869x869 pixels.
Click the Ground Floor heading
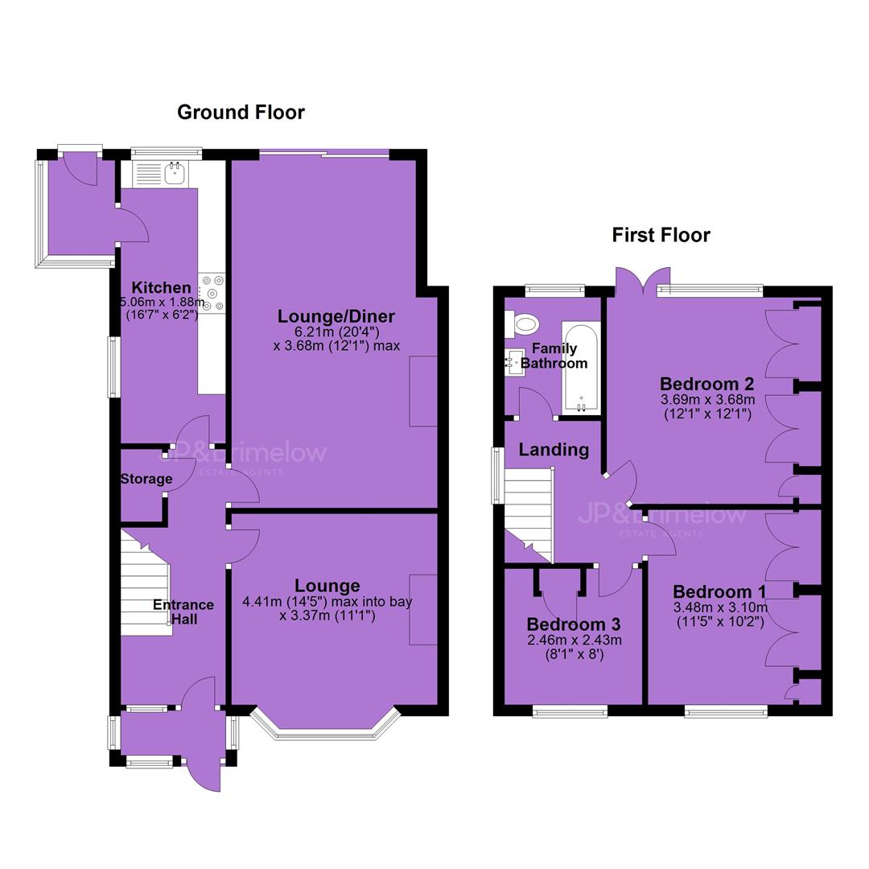click(x=241, y=113)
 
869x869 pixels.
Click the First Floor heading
click(x=661, y=235)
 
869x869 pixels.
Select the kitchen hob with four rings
click(x=212, y=294)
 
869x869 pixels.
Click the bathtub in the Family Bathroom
click(x=580, y=368)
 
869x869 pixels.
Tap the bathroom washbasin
click(x=513, y=363)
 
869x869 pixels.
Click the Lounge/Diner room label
click(x=336, y=316)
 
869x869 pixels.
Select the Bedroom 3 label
click(x=574, y=624)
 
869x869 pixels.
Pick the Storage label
click(x=146, y=479)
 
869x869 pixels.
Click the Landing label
click(x=554, y=450)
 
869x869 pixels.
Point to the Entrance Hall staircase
click(x=145, y=585)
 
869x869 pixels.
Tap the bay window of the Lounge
click(x=325, y=725)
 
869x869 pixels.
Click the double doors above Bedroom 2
click(x=643, y=280)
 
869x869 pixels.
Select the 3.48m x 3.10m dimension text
click(x=720, y=607)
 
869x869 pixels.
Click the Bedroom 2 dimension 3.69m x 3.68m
click(x=708, y=400)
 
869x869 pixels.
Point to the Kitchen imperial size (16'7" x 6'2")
click(x=162, y=316)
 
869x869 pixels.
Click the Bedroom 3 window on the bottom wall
click(x=570, y=711)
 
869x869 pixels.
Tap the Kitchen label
click(x=161, y=287)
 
